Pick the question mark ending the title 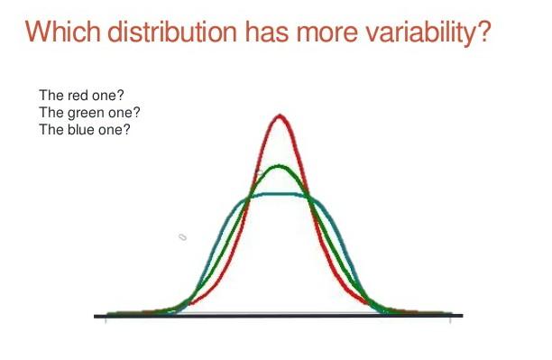click(x=483, y=33)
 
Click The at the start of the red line click(x=50, y=97)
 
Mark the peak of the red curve click(x=281, y=115)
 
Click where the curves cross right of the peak click(x=310, y=198)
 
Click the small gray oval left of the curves click(x=181, y=236)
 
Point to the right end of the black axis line click(x=462, y=316)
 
